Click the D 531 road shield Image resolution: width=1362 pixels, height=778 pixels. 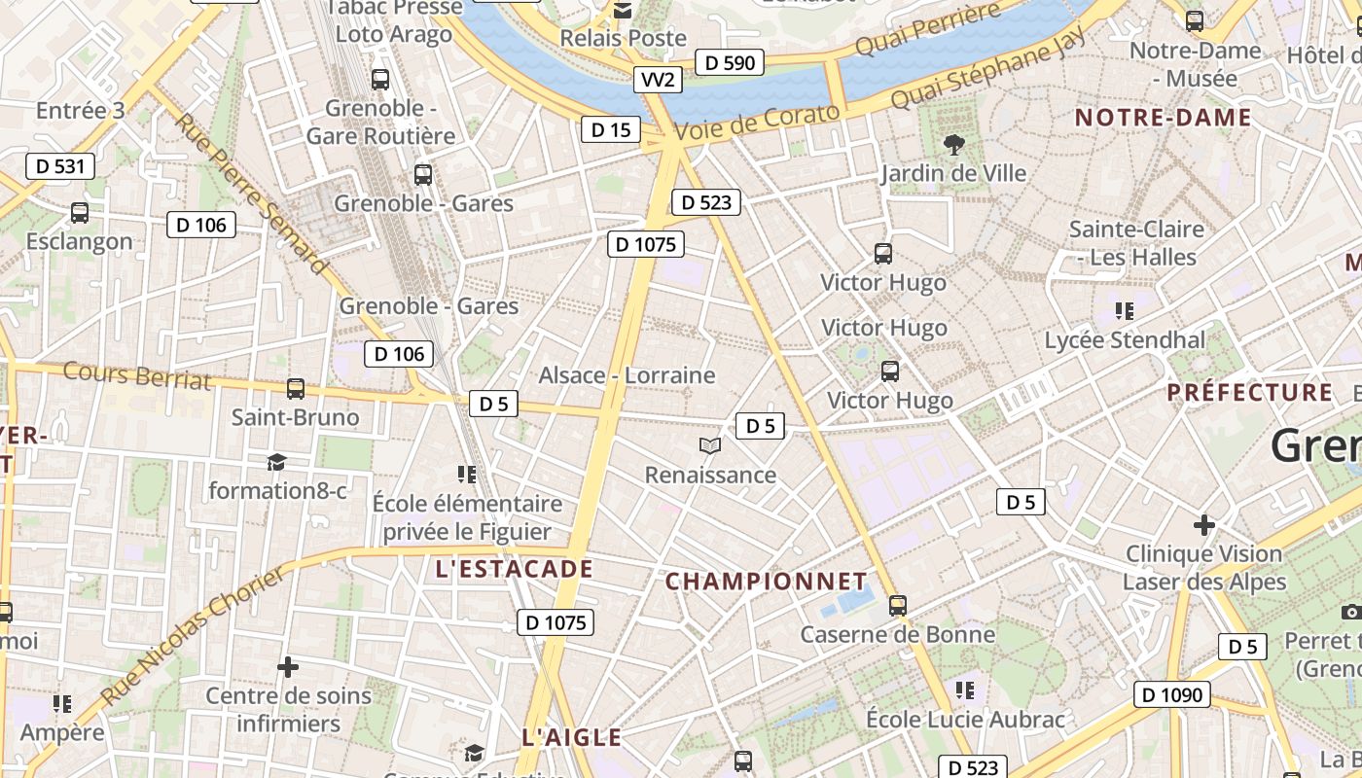[x=60, y=166]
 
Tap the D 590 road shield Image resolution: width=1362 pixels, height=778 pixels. [x=730, y=63]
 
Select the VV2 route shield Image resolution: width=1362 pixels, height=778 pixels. [x=658, y=80]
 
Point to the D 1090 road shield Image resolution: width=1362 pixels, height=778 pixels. [x=1172, y=694]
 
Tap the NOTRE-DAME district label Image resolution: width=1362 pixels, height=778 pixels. [x=1163, y=119]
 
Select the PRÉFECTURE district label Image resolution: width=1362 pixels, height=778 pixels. [x=1250, y=393]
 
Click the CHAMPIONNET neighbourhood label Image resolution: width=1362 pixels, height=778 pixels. [x=766, y=582]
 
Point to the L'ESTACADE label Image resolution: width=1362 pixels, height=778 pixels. [x=514, y=569]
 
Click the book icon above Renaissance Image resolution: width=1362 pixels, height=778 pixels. [x=711, y=446]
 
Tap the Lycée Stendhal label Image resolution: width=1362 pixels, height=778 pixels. [x=1125, y=340]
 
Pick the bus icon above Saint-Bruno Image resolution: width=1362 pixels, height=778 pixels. [x=296, y=389]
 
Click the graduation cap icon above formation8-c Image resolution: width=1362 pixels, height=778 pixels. [x=277, y=462]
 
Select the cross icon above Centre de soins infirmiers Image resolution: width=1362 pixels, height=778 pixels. [x=288, y=667]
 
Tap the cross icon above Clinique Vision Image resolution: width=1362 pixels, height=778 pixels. [x=1204, y=525]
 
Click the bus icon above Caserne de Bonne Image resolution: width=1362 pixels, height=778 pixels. [x=897, y=606]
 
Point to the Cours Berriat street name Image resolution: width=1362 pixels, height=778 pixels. [x=137, y=375]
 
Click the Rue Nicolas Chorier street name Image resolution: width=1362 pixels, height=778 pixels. [x=195, y=637]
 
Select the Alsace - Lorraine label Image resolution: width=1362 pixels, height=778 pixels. [x=627, y=375]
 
